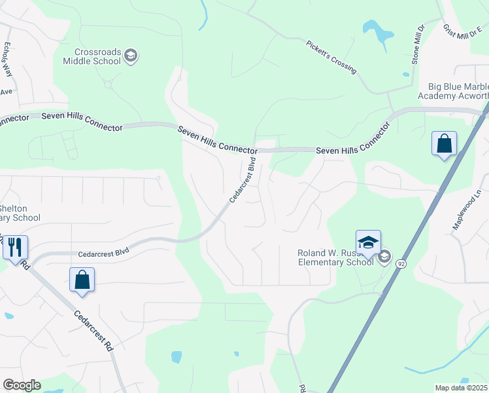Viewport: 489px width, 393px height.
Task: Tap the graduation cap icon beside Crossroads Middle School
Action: click(x=131, y=56)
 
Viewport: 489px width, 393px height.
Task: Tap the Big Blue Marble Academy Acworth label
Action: click(x=458, y=91)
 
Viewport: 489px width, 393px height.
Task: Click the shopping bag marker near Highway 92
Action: click(x=444, y=143)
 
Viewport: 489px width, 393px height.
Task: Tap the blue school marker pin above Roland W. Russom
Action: click(x=368, y=242)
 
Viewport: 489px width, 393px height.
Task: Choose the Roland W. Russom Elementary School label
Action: click(x=335, y=257)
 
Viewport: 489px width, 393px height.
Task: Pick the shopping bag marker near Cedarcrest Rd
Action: click(x=82, y=279)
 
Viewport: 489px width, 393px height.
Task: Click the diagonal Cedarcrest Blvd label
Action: click(x=241, y=181)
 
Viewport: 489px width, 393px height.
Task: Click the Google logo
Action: click(x=22, y=385)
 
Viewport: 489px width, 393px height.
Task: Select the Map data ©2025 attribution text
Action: click(x=460, y=388)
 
